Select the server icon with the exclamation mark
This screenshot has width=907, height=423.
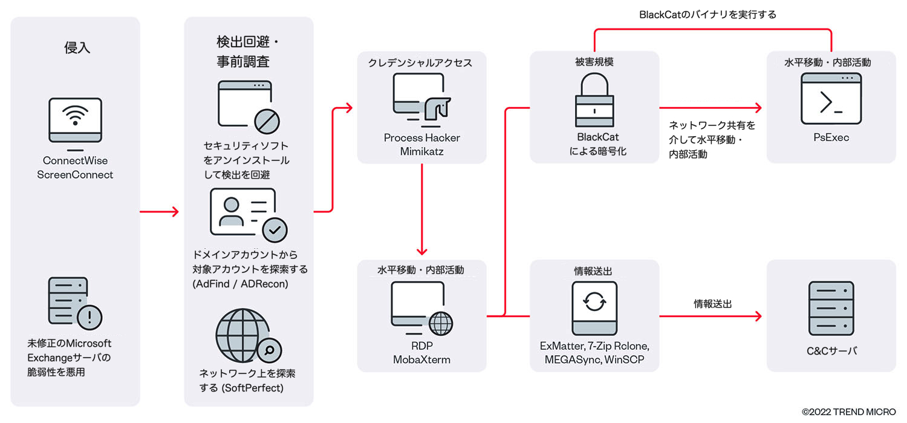74,303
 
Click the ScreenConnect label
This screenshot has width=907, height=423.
75,175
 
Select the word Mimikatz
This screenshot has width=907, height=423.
421,152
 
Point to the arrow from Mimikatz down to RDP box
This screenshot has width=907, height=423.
422,209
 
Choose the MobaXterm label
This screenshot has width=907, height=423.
422,360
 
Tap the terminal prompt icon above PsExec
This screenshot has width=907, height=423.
831,99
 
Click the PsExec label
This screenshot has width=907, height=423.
831,138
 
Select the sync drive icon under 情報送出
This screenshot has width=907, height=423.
594,309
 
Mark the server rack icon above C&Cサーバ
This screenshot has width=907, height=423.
831,309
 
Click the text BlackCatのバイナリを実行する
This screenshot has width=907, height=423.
707,15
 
